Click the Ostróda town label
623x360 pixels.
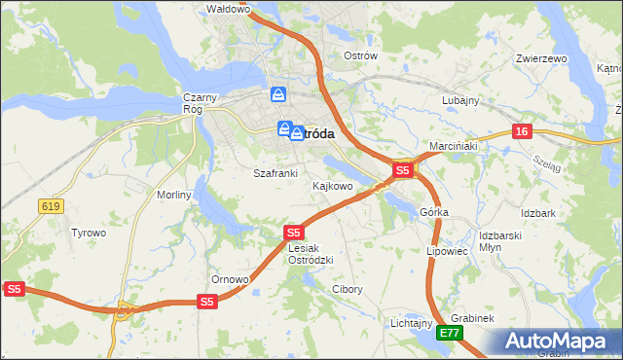(x=316, y=134)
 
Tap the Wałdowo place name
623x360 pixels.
(x=230, y=9)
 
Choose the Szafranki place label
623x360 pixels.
(x=275, y=172)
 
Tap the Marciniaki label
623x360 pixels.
(x=452, y=145)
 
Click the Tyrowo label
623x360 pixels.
(x=89, y=233)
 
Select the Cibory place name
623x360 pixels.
(x=348, y=289)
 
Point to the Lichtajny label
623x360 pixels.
(x=411, y=322)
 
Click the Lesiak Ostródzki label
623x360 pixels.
(x=311, y=254)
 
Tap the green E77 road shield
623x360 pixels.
(x=449, y=333)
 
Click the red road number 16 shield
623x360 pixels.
(x=523, y=131)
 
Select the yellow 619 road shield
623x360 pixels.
(x=52, y=205)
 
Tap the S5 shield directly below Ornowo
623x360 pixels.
(x=206, y=302)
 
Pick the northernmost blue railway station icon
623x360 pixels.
(x=278, y=94)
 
